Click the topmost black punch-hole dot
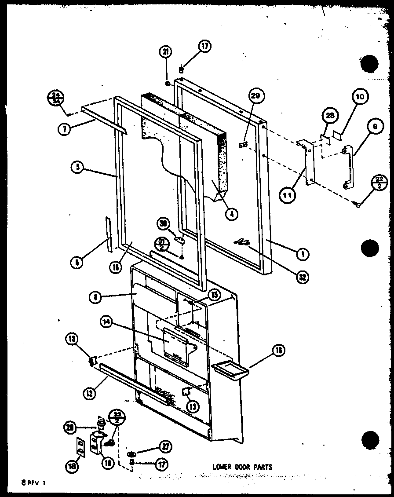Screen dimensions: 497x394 (x=369, y=65)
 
